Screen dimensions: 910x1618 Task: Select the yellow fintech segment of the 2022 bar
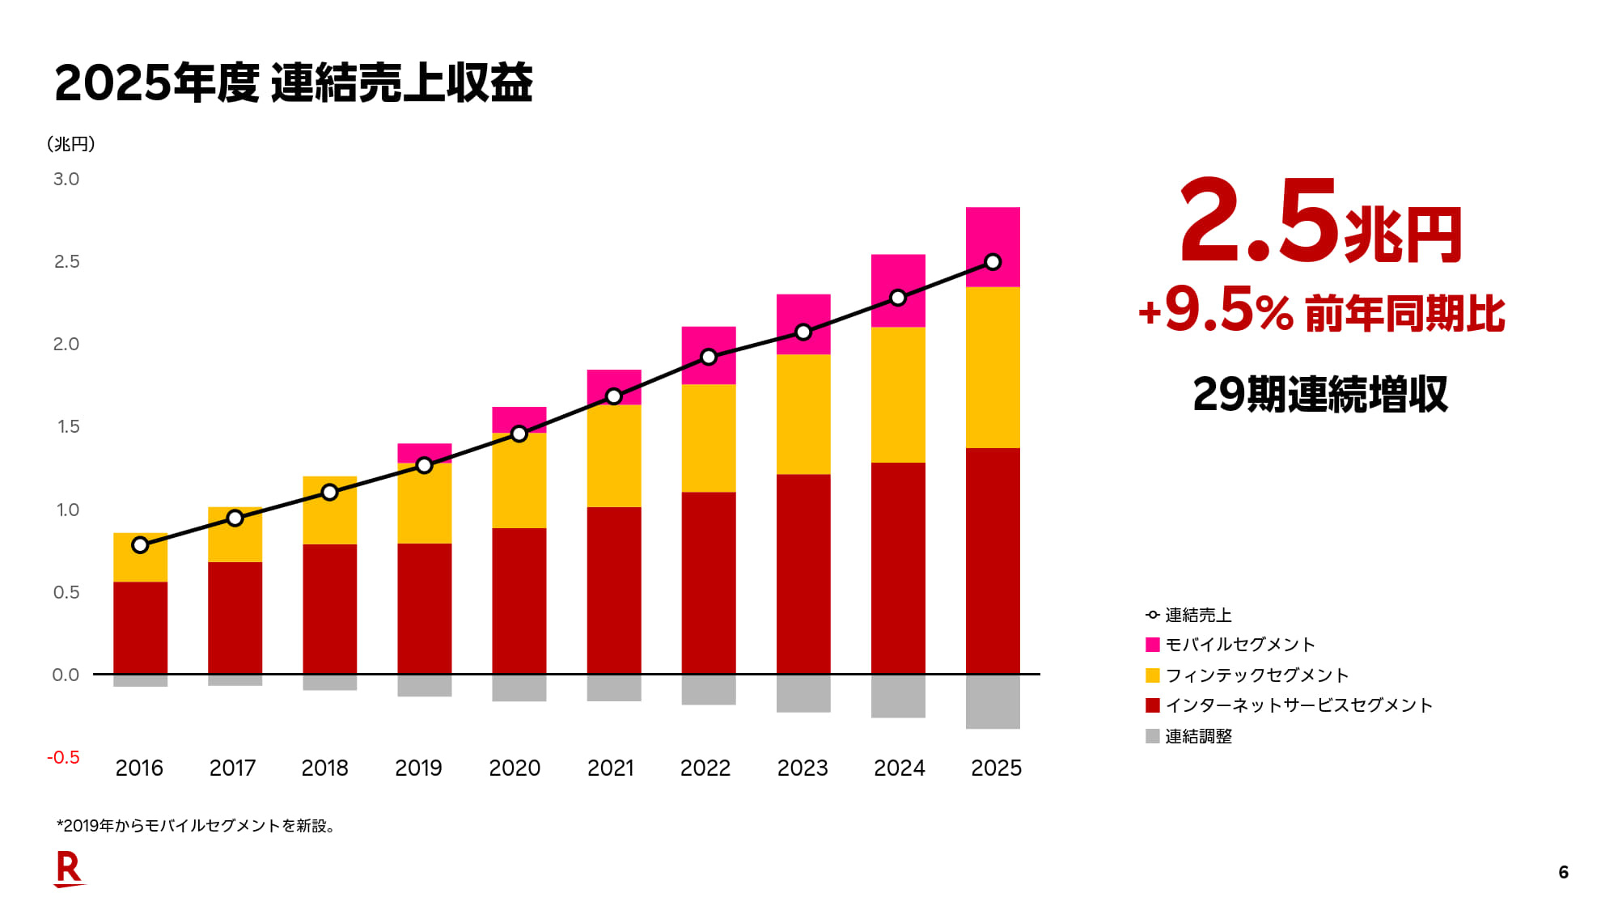click(709, 438)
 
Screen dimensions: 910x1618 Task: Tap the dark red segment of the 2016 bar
click(140, 627)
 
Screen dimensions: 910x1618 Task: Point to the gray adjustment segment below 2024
click(898, 696)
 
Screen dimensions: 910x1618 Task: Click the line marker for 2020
click(519, 434)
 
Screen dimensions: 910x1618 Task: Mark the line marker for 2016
click(140, 545)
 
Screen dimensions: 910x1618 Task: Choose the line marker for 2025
click(993, 262)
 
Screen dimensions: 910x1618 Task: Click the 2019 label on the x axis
click(418, 768)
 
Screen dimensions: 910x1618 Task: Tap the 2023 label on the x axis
click(803, 768)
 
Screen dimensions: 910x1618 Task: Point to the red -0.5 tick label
click(63, 757)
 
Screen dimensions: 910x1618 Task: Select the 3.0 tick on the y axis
click(66, 179)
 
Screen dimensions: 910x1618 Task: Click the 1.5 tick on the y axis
click(68, 426)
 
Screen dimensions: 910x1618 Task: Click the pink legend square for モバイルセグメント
click(1153, 645)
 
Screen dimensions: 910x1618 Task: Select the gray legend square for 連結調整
click(1153, 736)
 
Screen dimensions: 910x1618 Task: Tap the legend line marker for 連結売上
click(1153, 615)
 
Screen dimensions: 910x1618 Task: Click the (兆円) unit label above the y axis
click(71, 144)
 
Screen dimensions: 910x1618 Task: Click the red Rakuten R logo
click(69, 870)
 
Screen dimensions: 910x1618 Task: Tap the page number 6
click(1563, 872)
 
